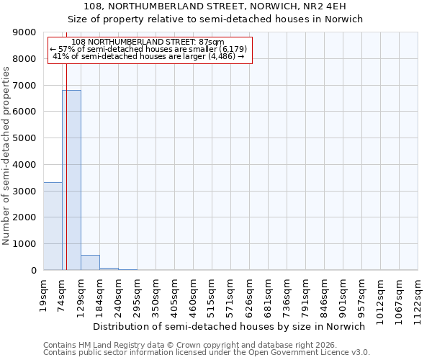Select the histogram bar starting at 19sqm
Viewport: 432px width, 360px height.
[x=53, y=226]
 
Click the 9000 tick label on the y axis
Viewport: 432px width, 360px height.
[x=24, y=32]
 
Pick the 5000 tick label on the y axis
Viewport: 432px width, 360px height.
[x=24, y=138]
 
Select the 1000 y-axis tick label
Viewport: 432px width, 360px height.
[x=24, y=244]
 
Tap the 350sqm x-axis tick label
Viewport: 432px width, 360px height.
[x=156, y=294]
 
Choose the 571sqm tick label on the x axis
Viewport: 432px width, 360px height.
[x=231, y=294]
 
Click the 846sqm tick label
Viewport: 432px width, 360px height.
[x=325, y=294]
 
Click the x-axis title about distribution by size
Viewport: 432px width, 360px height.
[x=230, y=326]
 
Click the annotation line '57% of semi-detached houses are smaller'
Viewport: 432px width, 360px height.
[x=150, y=49]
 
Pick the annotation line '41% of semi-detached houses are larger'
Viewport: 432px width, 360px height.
[x=149, y=56]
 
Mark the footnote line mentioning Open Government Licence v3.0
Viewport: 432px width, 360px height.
[x=207, y=353]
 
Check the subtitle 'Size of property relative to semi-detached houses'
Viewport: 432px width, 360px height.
[x=215, y=19]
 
